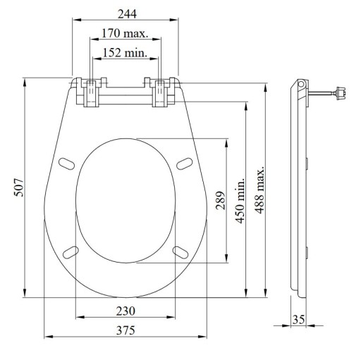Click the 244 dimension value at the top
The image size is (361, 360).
127,14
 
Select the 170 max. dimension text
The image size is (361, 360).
125,33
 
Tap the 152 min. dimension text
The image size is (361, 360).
125,52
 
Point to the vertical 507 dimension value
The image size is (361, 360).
19,188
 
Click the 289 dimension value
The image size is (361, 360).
221,200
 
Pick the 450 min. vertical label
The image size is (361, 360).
240,200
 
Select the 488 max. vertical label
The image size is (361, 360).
260,190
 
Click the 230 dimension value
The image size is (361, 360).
126,311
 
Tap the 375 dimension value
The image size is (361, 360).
126,330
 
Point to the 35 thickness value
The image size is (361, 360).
298,319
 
